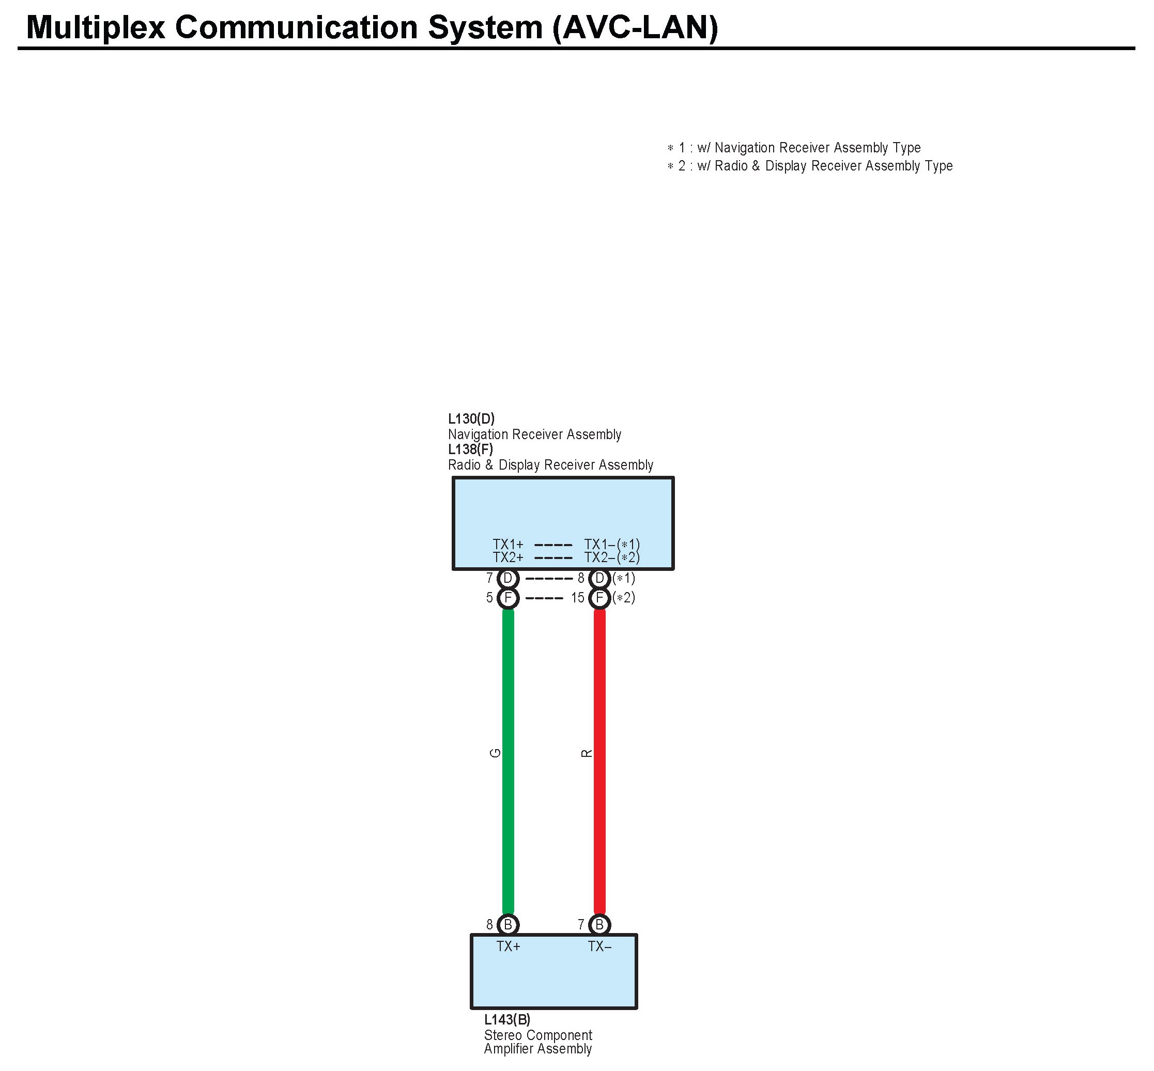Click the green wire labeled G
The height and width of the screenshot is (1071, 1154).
[x=507, y=753]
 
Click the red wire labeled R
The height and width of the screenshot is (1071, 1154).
[x=599, y=753]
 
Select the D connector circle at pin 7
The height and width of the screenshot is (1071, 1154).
[x=507, y=579]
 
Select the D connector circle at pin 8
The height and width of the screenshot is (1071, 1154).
[x=599, y=579]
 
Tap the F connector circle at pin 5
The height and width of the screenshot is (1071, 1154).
[x=507, y=598]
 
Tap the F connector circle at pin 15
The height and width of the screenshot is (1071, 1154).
[x=599, y=598]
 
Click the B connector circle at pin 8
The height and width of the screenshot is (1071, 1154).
[x=507, y=925]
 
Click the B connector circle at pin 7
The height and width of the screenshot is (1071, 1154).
[x=599, y=925]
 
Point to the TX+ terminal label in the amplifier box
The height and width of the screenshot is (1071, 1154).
[x=509, y=946]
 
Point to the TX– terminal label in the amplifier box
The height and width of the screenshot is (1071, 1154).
[x=599, y=946]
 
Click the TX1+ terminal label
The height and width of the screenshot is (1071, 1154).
[x=507, y=544]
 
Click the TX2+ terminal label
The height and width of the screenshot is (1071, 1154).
[x=507, y=557]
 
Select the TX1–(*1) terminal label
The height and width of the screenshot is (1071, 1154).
[x=611, y=544]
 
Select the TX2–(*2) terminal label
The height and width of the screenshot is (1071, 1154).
[x=611, y=557]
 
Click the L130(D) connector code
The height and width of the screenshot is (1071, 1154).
[x=471, y=418]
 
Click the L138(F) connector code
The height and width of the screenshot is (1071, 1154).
[x=471, y=449]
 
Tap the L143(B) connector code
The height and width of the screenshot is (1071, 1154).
[x=507, y=1019]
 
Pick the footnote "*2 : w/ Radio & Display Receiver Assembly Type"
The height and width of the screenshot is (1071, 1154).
[x=810, y=166]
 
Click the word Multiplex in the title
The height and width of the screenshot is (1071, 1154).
[x=96, y=27]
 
